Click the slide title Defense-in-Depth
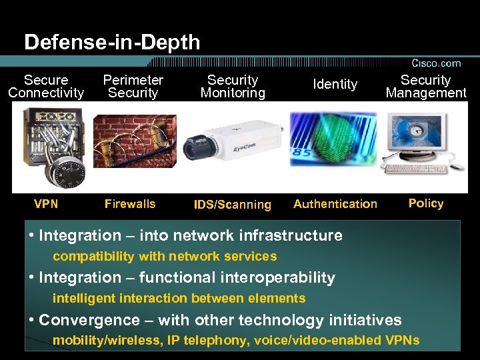coord(112,43)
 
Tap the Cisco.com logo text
coord(436,63)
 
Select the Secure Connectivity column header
coord(46,87)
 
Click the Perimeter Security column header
coord(133,87)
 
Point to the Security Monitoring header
coord(233,87)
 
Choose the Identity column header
coord(335,84)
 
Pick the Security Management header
coord(426,87)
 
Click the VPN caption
coord(47,204)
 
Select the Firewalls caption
coord(130,204)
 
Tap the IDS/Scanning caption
coord(232,205)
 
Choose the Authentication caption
coord(335,204)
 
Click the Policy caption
coord(426,203)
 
